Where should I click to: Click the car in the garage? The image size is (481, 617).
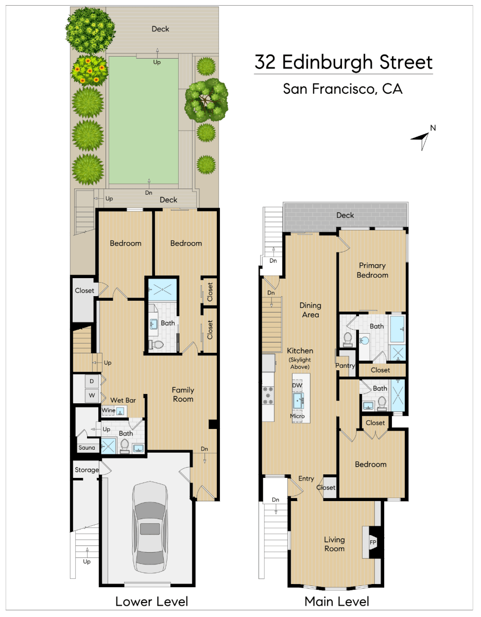pyautogui.click(x=149, y=527)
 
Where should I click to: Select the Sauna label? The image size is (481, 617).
pyautogui.click(x=87, y=448)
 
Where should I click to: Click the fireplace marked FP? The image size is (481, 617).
pyautogui.click(x=373, y=542)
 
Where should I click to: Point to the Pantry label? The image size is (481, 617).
pyautogui.click(x=345, y=366)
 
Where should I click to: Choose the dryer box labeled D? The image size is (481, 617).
pyautogui.click(x=92, y=381)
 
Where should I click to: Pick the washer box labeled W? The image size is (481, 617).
pyautogui.click(x=92, y=396)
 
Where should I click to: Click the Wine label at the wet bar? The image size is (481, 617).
pyautogui.click(x=109, y=410)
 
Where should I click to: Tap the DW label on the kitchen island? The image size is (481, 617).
pyautogui.click(x=297, y=385)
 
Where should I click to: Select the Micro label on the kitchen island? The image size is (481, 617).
pyautogui.click(x=297, y=416)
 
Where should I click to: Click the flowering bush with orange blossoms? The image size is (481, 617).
pyautogui.click(x=90, y=71)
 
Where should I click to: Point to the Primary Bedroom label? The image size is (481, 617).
pyautogui.click(x=372, y=270)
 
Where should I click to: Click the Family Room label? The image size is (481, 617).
pyautogui.click(x=183, y=395)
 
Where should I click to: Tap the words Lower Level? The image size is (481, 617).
pyautogui.click(x=151, y=601)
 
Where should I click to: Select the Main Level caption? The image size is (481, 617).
pyautogui.click(x=337, y=601)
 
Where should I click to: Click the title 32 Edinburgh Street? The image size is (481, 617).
pyautogui.click(x=343, y=62)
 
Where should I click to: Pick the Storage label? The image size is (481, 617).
pyautogui.click(x=87, y=470)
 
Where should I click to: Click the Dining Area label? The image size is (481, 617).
pyautogui.click(x=310, y=310)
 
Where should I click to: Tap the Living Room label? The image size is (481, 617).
pyautogui.click(x=334, y=544)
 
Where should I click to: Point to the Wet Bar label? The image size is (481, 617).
pyautogui.click(x=123, y=400)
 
